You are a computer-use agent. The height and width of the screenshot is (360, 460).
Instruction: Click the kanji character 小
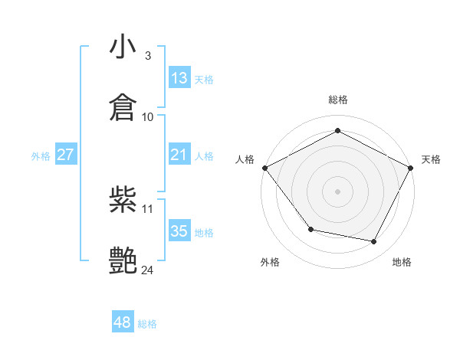(x=123, y=48)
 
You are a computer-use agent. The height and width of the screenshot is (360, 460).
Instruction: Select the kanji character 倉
(x=123, y=107)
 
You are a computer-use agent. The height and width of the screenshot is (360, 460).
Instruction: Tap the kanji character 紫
(x=123, y=201)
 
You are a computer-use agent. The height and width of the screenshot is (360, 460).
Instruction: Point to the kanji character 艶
(x=123, y=260)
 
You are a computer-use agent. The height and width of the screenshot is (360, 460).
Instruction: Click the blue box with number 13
(x=179, y=78)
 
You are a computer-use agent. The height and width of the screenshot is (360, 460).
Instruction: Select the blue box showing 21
(x=179, y=155)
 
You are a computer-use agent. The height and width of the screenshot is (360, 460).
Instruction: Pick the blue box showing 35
(x=179, y=231)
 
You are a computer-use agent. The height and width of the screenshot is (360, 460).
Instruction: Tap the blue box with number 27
(x=66, y=155)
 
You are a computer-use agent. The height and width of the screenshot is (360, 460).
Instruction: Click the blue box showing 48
(x=122, y=322)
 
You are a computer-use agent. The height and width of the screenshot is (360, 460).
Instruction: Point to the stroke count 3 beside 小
(x=147, y=56)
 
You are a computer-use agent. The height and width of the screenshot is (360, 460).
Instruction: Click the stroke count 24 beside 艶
(x=148, y=270)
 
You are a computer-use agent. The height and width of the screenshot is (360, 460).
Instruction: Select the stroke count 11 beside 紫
(x=148, y=208)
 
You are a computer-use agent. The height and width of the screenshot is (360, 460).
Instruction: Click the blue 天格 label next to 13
(x=204, y=79)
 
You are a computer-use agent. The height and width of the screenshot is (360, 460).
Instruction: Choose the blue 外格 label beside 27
(x=41, y=155)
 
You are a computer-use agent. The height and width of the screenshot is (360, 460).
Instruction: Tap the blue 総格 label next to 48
(x=147, y=323)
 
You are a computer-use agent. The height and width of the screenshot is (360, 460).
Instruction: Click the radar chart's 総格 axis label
(x=337, y=100)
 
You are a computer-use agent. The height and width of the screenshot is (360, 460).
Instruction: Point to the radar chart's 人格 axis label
(x=245, y=159)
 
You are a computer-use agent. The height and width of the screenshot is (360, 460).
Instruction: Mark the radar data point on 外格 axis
(x=310, y=229)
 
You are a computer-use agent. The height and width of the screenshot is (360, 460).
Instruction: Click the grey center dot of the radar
(x=337, y=191)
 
